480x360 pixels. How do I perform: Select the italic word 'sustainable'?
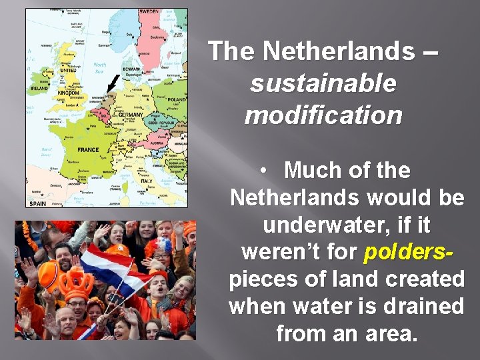tap(323, 83)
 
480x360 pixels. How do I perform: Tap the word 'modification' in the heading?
tap(323, 115)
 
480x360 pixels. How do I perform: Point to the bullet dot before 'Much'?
tap(265, 171)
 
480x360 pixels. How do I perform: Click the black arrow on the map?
tap(112, 85)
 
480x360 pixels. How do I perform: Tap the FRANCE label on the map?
tap(88, 150)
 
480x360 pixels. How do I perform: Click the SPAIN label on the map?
tap(37, 202)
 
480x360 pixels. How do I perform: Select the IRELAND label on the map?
tap(39, 88)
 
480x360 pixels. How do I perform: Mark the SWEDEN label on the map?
tap(149, 12)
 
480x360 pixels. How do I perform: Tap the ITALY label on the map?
tap(145, 181)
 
